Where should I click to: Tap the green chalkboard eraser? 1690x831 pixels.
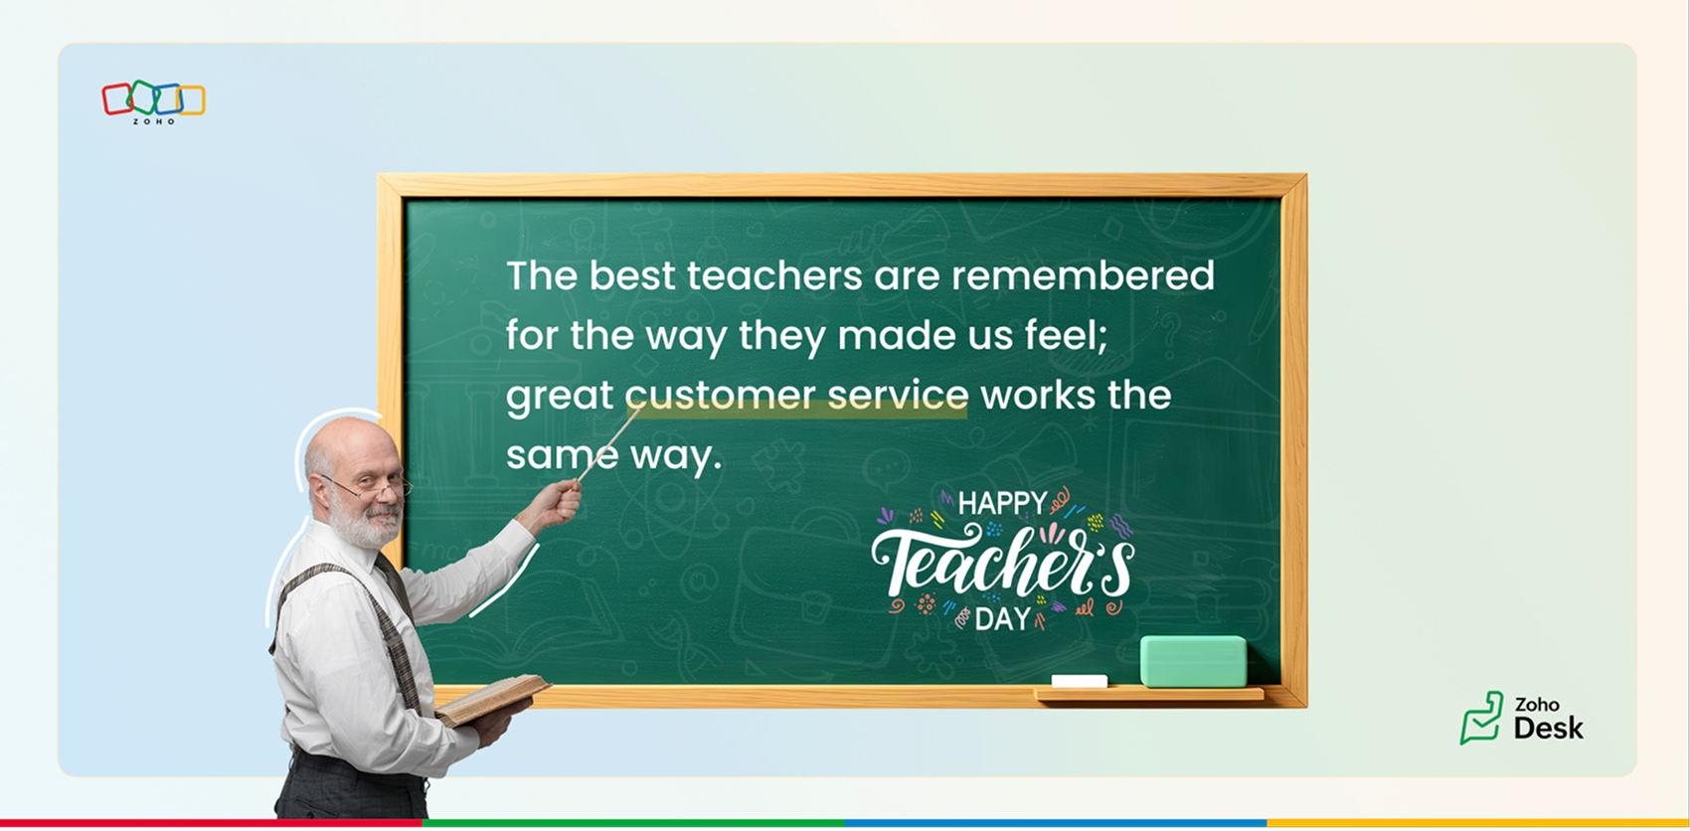[1193, 661]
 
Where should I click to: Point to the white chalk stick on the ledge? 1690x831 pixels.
[1079, 681]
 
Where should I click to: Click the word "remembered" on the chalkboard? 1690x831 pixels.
[1083, 275]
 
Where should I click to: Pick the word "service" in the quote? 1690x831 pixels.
[898, 396]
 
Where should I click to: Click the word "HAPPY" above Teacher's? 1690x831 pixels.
[1003, 503]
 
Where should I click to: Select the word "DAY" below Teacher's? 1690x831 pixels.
[1003, 619]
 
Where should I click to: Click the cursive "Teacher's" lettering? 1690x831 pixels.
[1003, 562]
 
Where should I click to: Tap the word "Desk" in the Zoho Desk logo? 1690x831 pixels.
[1548, 729]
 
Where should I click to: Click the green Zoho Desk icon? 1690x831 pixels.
[1482, 718]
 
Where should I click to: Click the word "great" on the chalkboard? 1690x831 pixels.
[559, 397]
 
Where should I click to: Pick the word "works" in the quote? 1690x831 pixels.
[1038, 396]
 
